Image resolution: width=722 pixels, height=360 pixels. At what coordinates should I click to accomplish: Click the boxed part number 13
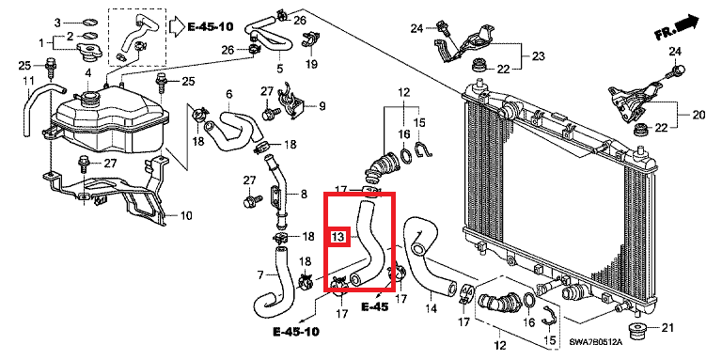point(338,237)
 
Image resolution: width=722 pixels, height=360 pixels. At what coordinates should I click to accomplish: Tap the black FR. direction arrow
point(687,23)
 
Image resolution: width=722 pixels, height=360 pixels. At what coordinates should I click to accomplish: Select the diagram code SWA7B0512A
point(595,342)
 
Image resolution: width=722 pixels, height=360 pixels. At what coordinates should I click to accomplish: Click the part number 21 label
point(667,328)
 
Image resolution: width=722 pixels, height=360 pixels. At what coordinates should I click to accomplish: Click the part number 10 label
point(185,215)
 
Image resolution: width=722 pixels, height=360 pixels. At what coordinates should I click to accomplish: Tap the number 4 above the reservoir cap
point(88,72)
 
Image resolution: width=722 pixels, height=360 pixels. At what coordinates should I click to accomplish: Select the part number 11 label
point(28,81)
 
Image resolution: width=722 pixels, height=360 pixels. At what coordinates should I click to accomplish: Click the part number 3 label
point(57,23)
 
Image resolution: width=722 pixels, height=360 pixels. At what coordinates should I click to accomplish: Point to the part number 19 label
point(312,64)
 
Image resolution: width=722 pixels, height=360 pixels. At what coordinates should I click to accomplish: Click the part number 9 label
point(322,106)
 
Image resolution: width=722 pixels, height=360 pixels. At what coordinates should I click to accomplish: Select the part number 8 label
point(304,195)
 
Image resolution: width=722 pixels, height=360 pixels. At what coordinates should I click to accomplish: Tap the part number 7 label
point(260,275)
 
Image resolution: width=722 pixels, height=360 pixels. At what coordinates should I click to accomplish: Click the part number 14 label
point(431,308)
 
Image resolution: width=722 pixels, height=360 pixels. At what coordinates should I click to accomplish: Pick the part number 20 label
point(698,115)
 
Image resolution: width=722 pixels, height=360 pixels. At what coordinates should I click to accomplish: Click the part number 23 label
point(538,56)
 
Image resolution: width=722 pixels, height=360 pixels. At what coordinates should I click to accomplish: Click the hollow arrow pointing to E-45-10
point(177,26)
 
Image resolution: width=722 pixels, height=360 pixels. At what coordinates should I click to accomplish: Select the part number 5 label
point(279,69)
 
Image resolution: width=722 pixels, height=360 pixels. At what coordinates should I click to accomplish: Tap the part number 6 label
point(228,94)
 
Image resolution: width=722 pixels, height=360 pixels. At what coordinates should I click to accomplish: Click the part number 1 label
point(41,43)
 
